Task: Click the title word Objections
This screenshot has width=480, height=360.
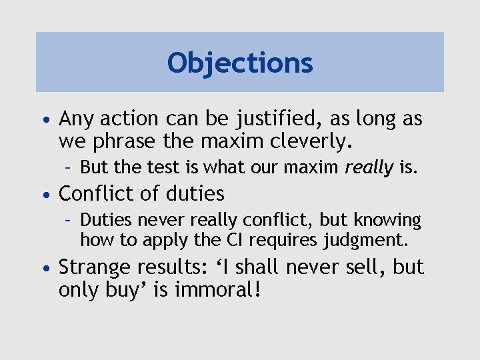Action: (x=240, y=63)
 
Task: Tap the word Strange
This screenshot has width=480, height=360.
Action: (x=95, y=267)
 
